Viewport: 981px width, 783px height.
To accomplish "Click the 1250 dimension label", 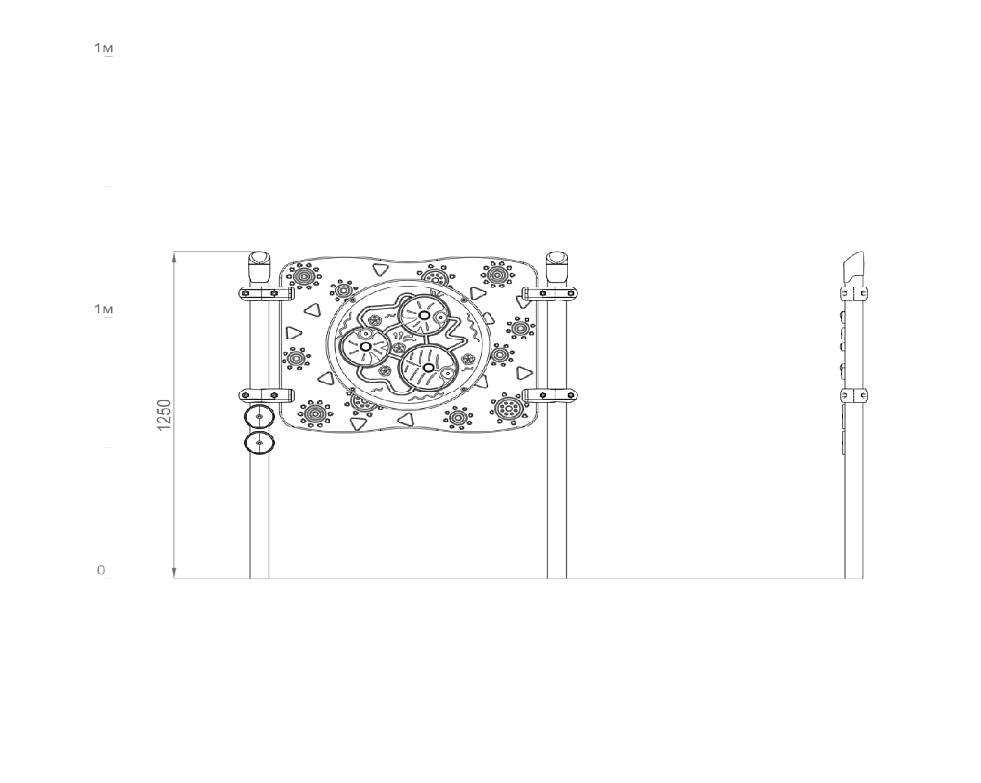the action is click(163, 414).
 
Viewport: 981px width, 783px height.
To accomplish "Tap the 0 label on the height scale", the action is click(101, 570).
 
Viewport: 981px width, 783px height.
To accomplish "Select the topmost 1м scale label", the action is click(104, 47).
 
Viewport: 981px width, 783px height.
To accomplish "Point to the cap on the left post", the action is click(258, 267).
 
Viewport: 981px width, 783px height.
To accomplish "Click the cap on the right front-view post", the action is click(557, 267).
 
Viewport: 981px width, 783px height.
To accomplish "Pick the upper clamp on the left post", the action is click(267, 293).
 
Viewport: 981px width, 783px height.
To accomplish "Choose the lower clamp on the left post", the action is click(267, 395).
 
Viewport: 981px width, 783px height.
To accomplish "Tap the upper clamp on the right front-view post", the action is click(549, 293).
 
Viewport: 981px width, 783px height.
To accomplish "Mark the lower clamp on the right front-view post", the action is click(549, 395).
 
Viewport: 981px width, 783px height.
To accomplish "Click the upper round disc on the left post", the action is click(259, 417).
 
